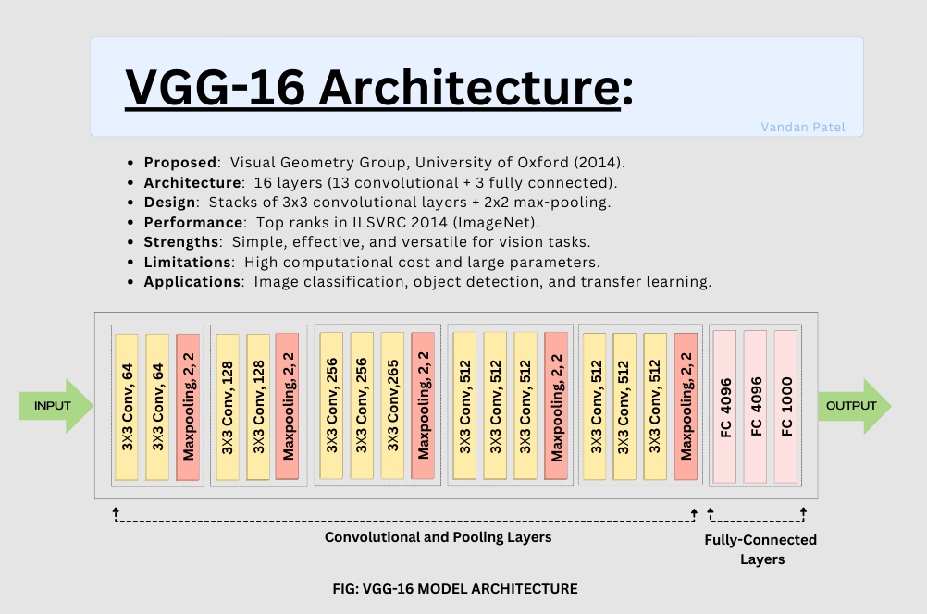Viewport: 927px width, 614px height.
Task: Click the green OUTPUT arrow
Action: (x=852, y=406)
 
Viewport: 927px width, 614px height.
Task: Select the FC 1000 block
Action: (x=786, y=407)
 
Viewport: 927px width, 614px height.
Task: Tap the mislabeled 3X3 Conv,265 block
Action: (x=393, y=406)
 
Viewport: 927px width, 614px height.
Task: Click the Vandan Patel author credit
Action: (x=802, y=128)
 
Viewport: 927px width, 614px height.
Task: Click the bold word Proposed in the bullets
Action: (x=179, y=162)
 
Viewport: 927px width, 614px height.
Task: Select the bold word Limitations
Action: (x=186, y=263)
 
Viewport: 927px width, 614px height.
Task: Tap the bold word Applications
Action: (x=192, y=282)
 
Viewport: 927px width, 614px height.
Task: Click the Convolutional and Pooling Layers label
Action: (x=438, y=537)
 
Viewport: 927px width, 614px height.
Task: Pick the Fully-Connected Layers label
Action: (x=760, y=549)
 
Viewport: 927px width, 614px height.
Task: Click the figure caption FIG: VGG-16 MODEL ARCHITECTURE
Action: (x=454, y=588)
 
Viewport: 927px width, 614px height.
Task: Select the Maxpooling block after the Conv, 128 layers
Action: (x=288, y=406)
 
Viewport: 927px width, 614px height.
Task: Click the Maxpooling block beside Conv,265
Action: (x=424, y=406)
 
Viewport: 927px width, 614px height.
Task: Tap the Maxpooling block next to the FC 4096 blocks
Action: (x=686, y=406)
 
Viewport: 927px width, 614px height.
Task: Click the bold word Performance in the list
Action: (x=192, y=222)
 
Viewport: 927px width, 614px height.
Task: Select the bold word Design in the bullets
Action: (x=170, y=202)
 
